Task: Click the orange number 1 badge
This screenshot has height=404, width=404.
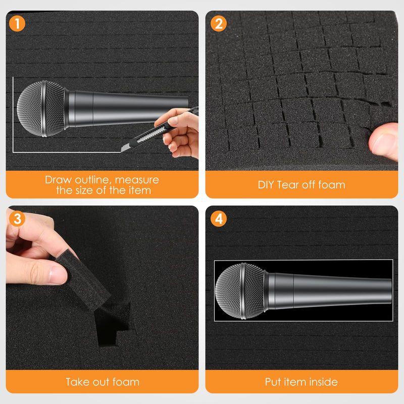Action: (x=17, y=23)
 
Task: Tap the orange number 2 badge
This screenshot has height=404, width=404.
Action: (x=219, y=23)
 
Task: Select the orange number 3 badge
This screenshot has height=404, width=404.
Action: (x=17, y=219)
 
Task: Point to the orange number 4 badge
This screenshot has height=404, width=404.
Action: (x=219, y=219)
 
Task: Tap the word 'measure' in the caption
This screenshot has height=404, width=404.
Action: (x=137, y=180)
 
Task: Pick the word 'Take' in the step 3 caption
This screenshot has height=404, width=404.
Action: (x=78, y=382)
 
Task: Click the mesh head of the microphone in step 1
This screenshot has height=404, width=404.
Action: (x=41, y=109)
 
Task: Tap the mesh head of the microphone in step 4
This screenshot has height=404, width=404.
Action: (x=239, y=291)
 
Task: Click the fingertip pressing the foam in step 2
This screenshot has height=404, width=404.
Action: (x=383, y=141)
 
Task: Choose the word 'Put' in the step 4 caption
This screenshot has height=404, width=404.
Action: (x=273, y=382)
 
